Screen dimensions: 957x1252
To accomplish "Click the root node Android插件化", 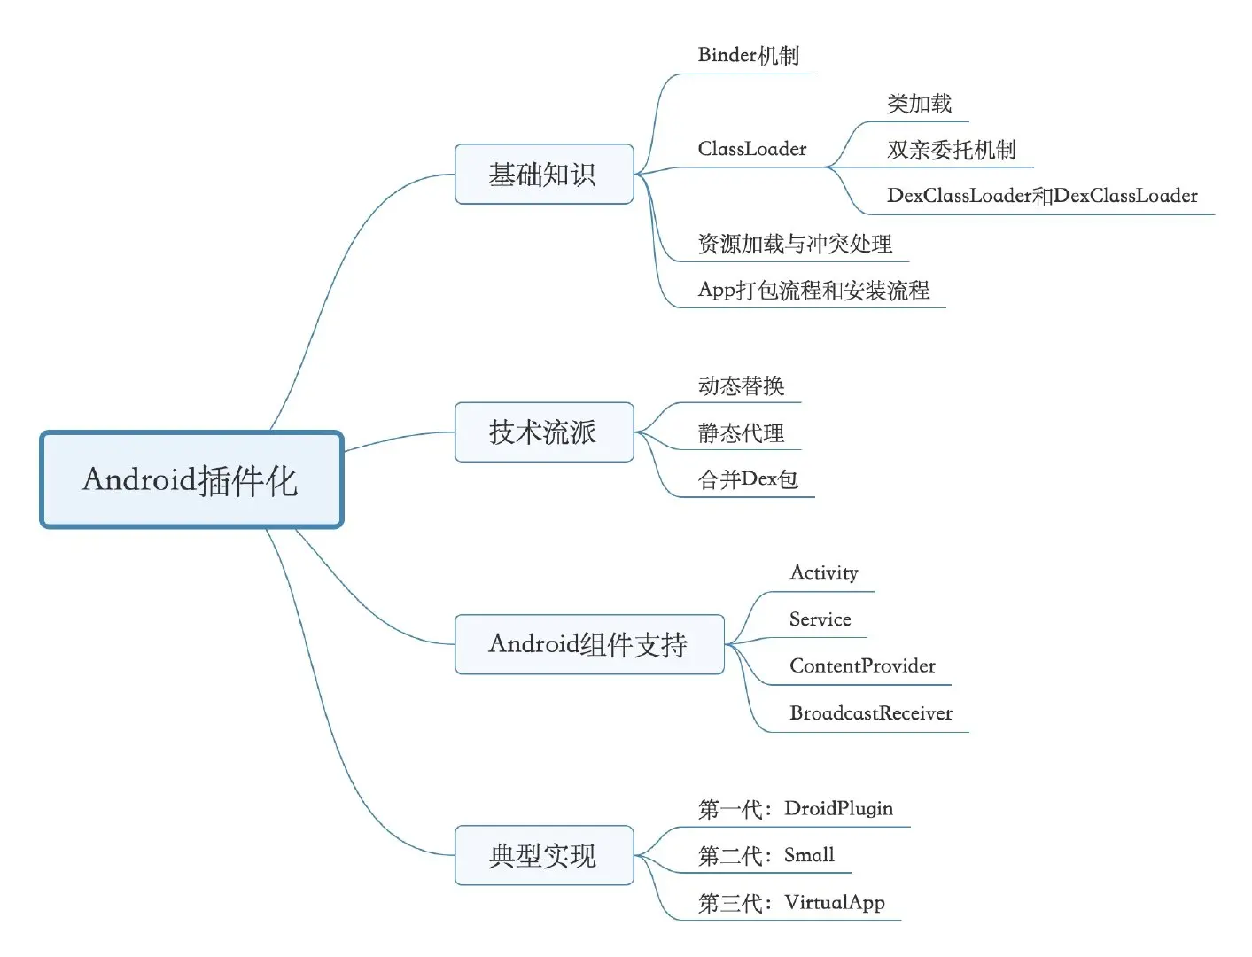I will [191, 479].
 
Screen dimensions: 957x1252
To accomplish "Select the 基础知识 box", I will [544, 175].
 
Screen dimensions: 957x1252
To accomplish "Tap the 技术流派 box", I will [544, 432].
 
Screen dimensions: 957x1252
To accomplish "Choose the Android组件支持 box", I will [589, 644].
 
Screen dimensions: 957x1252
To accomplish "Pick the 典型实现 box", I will [544, 855].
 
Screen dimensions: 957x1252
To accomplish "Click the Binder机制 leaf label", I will [749, 56].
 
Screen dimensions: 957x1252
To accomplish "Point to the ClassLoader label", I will [752, 149].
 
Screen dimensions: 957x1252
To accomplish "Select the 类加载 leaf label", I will [920, 104].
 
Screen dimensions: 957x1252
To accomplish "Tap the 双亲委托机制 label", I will [952, 150].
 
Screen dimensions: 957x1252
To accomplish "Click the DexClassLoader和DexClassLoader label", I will [1042, 196].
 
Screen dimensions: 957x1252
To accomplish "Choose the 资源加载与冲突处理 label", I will [795, 244].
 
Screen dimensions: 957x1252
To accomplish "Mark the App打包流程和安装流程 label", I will [813, 290].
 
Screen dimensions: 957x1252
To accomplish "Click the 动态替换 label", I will [742, 385].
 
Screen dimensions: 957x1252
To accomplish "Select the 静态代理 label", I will [742, 432].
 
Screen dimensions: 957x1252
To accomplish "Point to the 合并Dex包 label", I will [748, 479].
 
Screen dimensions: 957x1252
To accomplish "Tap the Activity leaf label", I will [824, 572].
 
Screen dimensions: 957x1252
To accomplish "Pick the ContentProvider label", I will [862, 666].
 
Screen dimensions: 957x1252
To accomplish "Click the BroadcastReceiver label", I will [871, 713].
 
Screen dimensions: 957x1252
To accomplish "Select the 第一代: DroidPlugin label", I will [796, 808].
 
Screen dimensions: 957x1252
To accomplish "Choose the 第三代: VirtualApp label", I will [791, 902].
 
